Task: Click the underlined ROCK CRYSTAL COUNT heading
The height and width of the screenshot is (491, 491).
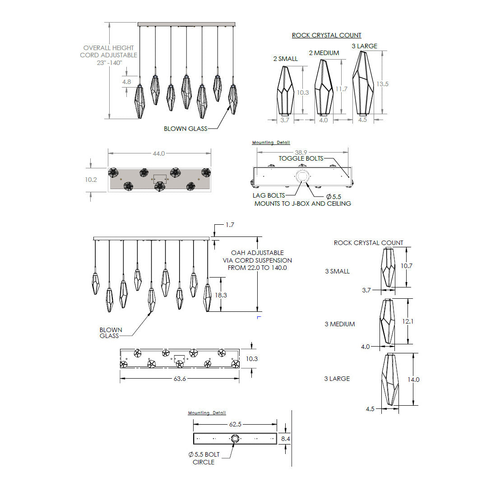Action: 327,35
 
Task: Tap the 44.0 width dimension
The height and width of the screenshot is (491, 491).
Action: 159,153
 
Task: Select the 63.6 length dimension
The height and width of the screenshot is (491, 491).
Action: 180,379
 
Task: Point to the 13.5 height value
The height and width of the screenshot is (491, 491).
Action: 382,84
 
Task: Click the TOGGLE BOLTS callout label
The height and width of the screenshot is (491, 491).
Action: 301,158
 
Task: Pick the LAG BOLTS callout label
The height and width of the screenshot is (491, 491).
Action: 269,195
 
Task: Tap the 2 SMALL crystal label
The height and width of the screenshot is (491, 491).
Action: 286,59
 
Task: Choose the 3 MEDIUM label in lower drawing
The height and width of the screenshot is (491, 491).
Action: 340,324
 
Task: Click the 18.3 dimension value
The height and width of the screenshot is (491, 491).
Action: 221,295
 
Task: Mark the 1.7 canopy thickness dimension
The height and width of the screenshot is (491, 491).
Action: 230,225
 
